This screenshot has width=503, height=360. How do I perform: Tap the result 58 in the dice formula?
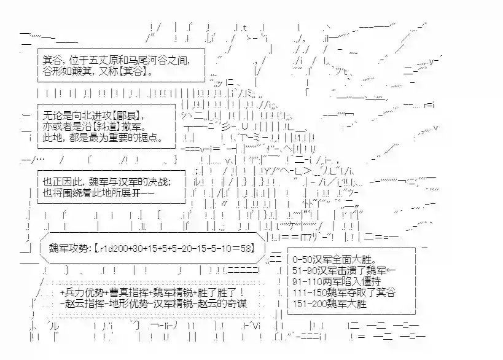tap(243, 249)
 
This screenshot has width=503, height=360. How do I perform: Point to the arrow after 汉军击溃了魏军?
tap(391, 270)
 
